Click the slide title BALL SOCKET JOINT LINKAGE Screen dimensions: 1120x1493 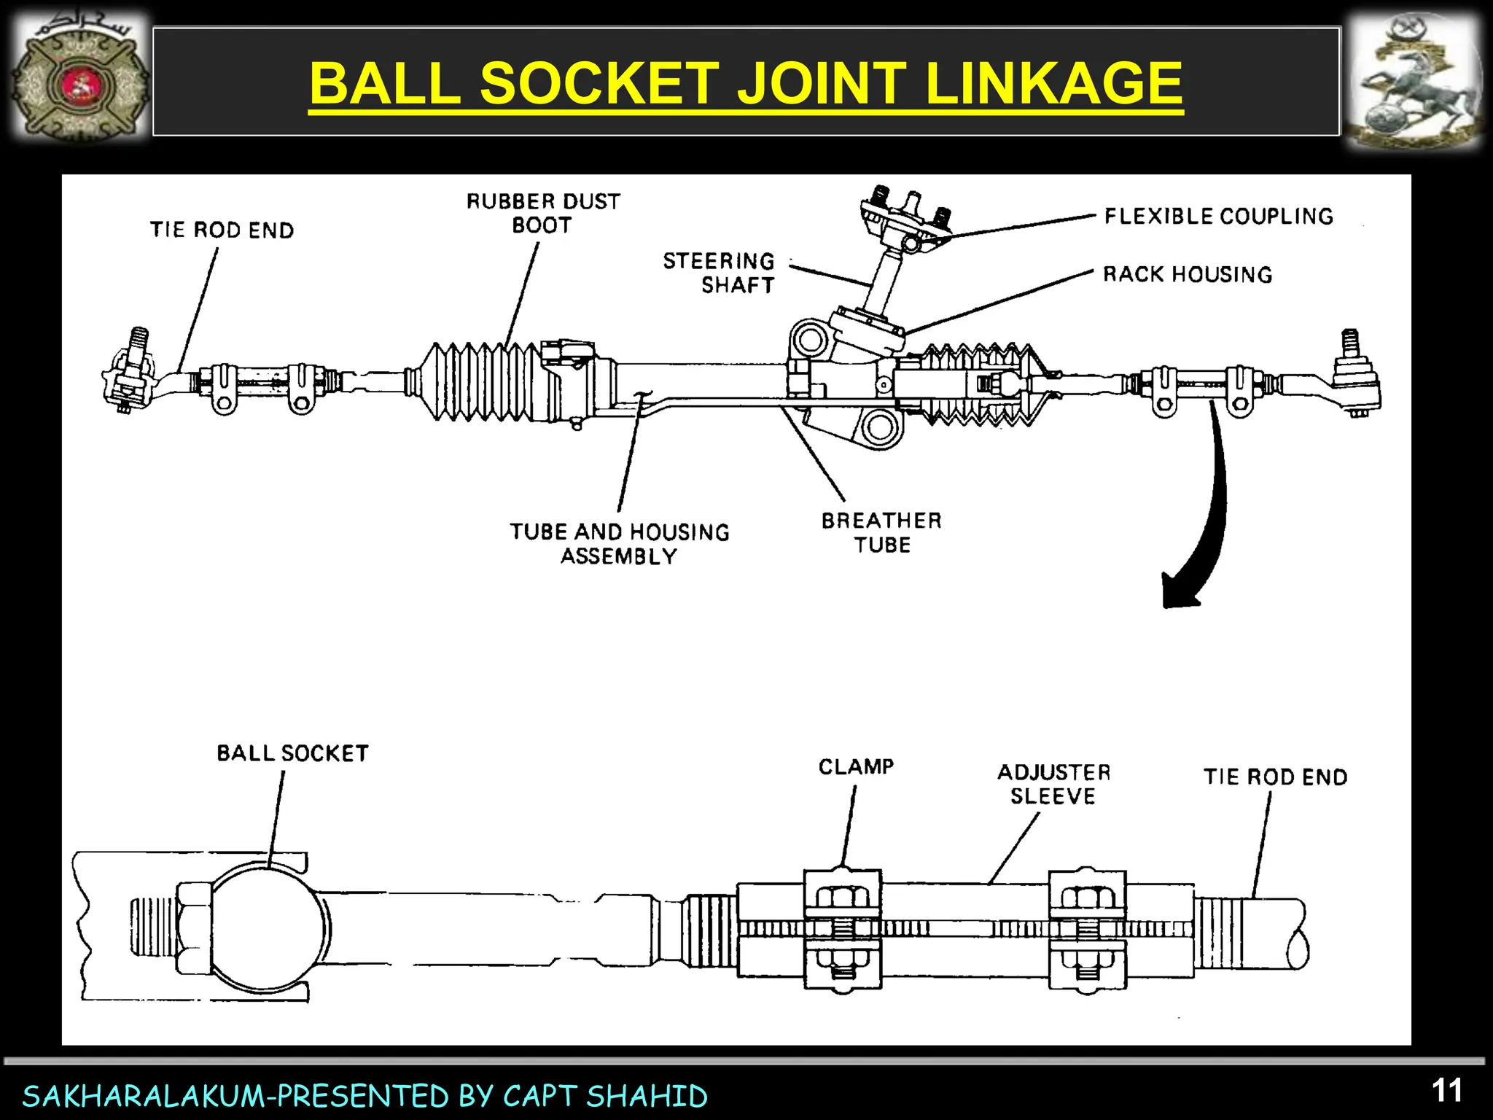tap(746, 82)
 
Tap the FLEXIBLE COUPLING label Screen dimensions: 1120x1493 tap(1218, 217)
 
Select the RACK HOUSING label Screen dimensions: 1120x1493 tap(1187, 275)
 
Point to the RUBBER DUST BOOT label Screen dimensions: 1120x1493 tap(543, 213)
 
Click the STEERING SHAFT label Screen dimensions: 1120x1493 tap(719, 273)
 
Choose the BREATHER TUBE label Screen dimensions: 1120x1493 tap(881, 532)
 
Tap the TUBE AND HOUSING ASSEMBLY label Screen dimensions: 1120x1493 tap(619, 543)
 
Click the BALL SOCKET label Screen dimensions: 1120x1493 tap(292, 753)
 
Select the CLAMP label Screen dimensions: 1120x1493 tap(856, 767)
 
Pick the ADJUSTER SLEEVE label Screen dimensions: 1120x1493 tap(1053, 784)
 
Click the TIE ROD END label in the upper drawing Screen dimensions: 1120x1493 tap(222, 230)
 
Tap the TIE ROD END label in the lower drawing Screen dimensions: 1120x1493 tap(1275, 777)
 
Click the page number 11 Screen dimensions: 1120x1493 tap(1446, 1092)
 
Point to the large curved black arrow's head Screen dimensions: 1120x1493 tap(1176, 593)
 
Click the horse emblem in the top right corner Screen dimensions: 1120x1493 tap(1412, 82)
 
